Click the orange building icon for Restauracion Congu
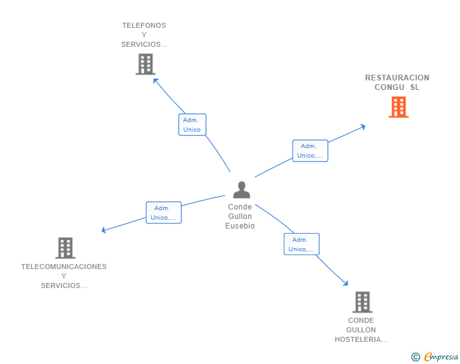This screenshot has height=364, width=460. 398,107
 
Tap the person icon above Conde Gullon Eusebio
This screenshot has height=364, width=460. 241,190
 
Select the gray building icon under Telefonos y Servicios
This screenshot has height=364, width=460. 145,64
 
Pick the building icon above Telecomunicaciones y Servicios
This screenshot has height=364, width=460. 65,248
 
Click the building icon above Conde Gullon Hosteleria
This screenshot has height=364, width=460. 362,302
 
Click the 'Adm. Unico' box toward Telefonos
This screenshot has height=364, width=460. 192,125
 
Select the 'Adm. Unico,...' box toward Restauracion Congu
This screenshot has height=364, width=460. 310,151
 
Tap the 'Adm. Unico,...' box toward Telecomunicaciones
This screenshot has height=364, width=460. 164,213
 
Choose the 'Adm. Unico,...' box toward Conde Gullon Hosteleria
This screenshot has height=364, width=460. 301,244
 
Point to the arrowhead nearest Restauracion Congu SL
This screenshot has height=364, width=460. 363,127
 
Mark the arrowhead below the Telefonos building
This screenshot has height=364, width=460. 155,80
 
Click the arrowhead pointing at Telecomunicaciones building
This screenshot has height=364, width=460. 104,230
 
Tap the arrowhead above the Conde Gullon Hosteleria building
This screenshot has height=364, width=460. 346,283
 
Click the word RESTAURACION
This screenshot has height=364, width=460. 397,78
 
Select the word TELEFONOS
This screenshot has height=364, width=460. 144,25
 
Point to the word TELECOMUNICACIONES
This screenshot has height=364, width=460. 64,267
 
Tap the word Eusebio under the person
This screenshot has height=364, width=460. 240,226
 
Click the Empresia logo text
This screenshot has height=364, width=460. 441,356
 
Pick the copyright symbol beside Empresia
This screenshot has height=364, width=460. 416,357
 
